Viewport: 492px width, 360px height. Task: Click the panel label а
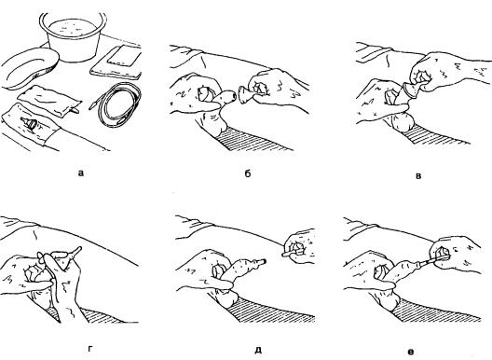coord(81,173)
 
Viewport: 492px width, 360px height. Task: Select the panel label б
coord(248,173)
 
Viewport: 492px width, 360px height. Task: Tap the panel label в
coord(418,176)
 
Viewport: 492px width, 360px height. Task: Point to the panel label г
coord(90,349)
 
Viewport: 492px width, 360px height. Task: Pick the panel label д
coord(258,350)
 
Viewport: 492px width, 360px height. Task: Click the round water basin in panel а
coord(73,36)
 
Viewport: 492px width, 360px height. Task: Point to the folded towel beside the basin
coord(117,62)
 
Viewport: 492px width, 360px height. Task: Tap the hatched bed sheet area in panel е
coord(436,311)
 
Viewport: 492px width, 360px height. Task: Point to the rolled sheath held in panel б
coord(245,94)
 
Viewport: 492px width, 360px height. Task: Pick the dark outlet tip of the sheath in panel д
coord(264,261)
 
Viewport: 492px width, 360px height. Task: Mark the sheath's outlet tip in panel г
coord(78,249)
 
